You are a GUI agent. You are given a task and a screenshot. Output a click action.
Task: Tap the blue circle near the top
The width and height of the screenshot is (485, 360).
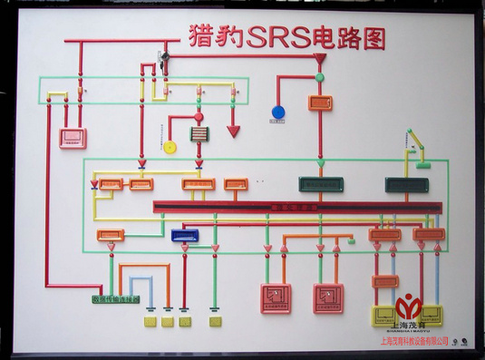278,112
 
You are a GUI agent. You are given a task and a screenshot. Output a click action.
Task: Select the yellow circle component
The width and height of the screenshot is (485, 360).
170,147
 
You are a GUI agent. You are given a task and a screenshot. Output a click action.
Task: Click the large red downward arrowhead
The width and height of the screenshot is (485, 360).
233,131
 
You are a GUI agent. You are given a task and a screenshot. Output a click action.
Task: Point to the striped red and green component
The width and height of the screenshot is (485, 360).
199,134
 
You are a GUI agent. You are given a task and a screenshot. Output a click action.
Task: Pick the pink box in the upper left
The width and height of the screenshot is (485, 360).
73,138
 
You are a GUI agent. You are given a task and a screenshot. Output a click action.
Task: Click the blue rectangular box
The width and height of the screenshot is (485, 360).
185,235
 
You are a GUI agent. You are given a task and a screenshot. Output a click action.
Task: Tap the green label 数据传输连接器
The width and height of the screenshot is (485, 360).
116,298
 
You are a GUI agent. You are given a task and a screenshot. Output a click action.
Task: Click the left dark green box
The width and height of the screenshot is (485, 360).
321,184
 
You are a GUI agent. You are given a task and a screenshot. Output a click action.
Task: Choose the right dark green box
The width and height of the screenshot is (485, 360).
406,184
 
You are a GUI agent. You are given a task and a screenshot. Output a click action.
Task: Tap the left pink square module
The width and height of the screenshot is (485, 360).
276,297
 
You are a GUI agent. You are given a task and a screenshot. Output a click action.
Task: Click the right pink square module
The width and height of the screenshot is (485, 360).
328,297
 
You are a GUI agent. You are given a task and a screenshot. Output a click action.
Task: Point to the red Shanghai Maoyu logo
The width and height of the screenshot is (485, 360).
410,306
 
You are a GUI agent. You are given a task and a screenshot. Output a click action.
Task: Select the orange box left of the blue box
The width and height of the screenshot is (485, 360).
111,235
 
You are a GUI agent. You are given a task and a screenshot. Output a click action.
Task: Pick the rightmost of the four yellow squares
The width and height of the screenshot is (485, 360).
215,321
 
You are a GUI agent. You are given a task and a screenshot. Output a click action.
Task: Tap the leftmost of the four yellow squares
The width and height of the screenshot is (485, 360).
150,321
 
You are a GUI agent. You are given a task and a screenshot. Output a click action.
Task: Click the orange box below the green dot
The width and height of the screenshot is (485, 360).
320,102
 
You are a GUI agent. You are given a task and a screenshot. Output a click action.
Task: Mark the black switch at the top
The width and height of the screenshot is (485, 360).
165,59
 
